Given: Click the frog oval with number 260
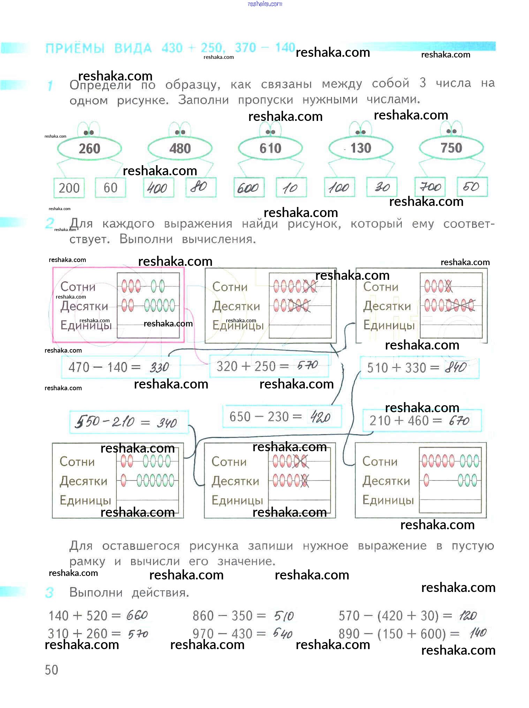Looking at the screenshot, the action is pos(89,148).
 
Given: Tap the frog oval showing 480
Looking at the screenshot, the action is pos(180,148).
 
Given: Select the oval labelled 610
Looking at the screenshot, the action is pos(270,148).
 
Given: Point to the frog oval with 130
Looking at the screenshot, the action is pos(361,148).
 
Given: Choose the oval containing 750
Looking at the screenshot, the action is pos(451,148).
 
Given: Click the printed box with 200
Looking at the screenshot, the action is pos(69,188).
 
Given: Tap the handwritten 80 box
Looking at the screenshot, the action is pos(201,187).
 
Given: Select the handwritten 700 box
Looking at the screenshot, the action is pos(430,187).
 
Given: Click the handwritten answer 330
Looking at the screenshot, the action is pos(159,367).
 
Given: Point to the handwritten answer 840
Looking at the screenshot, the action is pos(456,367).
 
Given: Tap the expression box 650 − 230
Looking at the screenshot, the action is pos(282,416).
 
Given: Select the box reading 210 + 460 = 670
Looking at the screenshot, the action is pos(422,421).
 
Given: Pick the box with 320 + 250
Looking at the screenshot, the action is pos(269,366).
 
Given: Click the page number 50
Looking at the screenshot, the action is pos(52,670).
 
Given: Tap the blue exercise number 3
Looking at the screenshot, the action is pos(50,592).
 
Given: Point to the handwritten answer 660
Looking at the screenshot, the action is pos(137,615).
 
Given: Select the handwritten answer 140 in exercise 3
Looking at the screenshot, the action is pos(478,633).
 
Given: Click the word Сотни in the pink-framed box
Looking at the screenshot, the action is pos(78,287).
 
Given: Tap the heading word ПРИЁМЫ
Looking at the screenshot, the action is pos(75,48).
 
